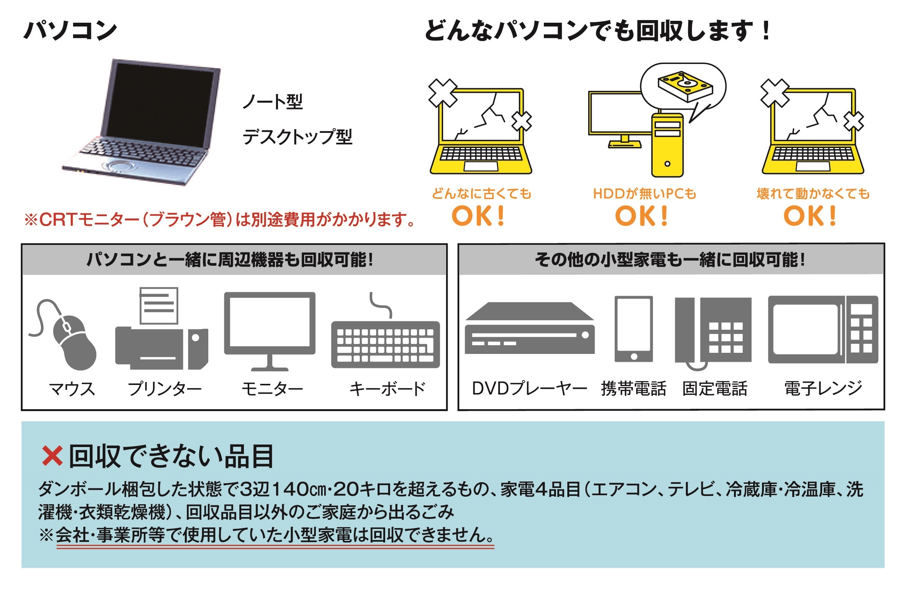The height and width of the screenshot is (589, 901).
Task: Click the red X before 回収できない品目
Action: coord(52,456)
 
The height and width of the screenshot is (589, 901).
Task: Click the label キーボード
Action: coord(387,389)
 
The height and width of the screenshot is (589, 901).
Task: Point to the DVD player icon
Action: coord(529,329)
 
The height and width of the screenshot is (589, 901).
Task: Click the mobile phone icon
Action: coord(633,329)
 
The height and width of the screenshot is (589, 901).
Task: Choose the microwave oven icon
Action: coord(823,330)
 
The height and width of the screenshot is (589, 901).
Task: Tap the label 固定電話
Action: coord(715,389)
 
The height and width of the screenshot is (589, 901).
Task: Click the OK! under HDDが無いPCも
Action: coord(641,216)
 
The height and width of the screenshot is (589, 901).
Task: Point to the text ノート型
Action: coord(273,102)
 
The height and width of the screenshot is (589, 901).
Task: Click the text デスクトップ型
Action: coord(297,137)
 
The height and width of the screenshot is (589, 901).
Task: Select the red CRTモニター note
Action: coord(220,219)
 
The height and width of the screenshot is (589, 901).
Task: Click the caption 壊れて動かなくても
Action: coord(813,194)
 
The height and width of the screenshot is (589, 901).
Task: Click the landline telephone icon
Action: coord(713,331)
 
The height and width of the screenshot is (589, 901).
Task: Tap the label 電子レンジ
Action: coord(823,389)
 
